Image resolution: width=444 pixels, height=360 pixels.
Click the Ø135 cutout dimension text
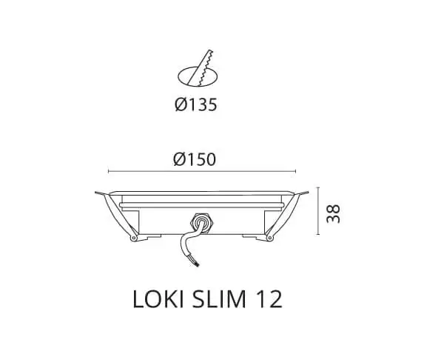[x=196, y=104]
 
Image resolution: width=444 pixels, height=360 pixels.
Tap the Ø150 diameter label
[x=195, y=159]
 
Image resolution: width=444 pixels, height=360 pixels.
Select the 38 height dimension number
[x=333, y=214]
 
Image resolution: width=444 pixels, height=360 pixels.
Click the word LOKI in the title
[x=158, y=299]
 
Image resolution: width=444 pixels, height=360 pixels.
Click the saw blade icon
[x=201, y=67]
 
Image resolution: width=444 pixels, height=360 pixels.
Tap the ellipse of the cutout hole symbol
[x=178, y=76]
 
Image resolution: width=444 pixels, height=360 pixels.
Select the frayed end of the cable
[x=197, y=264]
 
